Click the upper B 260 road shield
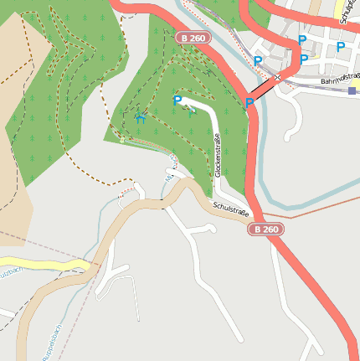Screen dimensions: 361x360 pos(194,38)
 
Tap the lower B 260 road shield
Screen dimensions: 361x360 pos(265,229)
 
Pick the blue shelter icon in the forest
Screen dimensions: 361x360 pos(140,118)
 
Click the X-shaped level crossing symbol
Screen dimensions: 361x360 pos(277,77)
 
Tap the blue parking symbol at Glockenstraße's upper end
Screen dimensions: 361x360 pos(177,101)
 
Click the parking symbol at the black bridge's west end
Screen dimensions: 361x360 pos(249,102)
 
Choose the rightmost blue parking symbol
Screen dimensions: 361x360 pos(341,47)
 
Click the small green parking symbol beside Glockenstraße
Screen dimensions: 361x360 pos(191,111)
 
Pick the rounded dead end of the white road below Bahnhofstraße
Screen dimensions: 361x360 pos(289,137)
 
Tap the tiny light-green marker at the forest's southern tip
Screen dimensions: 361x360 pos(121,140)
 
